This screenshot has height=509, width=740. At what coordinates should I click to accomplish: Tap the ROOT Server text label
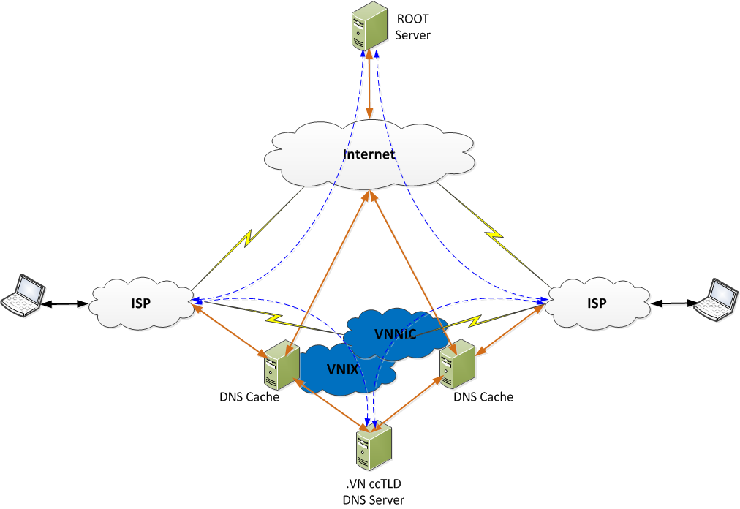413,28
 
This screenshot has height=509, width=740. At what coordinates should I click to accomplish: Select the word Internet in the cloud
369,154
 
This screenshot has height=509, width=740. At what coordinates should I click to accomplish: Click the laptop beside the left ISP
20,295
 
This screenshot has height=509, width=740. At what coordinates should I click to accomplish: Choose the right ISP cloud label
597,303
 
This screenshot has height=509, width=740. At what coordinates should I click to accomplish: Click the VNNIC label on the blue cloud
395,334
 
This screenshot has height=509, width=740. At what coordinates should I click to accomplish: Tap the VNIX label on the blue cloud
342,369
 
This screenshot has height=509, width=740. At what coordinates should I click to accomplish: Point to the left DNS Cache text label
249,397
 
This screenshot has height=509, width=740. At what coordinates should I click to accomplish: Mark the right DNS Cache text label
483,397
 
